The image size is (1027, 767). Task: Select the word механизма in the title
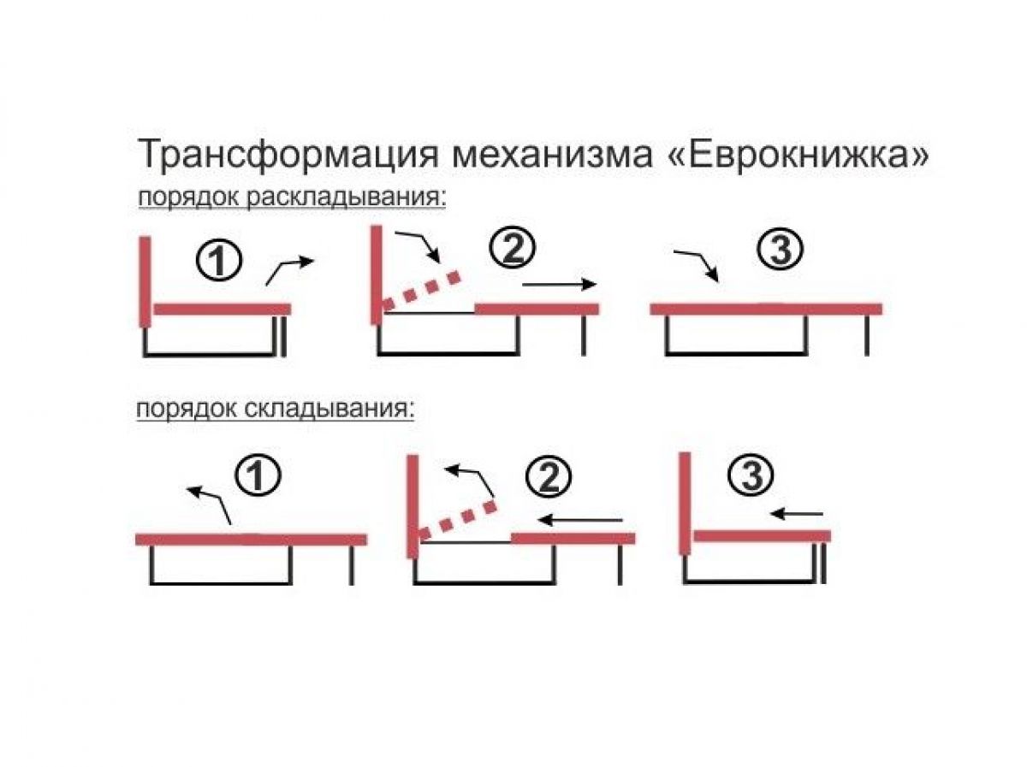[x=552, y=156]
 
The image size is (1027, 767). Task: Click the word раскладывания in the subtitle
[x=347, y=198]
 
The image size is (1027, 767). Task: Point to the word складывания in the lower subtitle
[x=329, y=410]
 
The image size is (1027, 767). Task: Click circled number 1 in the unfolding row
[x=218, y=263]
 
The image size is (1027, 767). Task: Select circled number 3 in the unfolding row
[x=780, y=249]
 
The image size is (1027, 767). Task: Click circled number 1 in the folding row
[x=258, y=475]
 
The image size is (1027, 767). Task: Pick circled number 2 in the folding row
[x=549, y=477]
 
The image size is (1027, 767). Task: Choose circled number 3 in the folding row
[x=751, y=475]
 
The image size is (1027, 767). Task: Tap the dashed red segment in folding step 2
[x=458, y=520]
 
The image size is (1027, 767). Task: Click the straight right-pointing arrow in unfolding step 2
[x=560, y=284]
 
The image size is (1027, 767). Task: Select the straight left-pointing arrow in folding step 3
[x=797, y=514]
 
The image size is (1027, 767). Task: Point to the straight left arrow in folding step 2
[x=580, y=520]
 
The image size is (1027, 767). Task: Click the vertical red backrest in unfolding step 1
[x=145, y=282]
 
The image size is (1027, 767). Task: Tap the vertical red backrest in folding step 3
[x=685, y=503]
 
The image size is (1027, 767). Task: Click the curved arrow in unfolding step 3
[x=696, y=265]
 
